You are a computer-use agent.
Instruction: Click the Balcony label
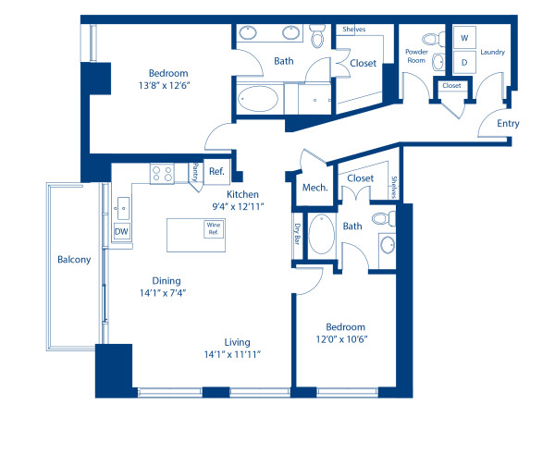point(74,260)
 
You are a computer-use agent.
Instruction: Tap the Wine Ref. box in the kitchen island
point(214,227)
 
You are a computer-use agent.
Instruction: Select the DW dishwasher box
point(121,231)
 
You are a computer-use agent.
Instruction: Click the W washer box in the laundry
point(464,39)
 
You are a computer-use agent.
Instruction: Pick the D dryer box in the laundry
point(464,61)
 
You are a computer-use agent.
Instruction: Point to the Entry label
point(508,123)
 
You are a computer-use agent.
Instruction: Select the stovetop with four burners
point(163,171)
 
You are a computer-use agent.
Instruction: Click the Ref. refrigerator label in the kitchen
point(216,171)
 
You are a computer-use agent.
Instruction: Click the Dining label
point(166,281)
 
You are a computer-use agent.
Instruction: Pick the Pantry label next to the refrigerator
point(195,172)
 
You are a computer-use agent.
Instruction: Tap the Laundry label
point(492,53)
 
